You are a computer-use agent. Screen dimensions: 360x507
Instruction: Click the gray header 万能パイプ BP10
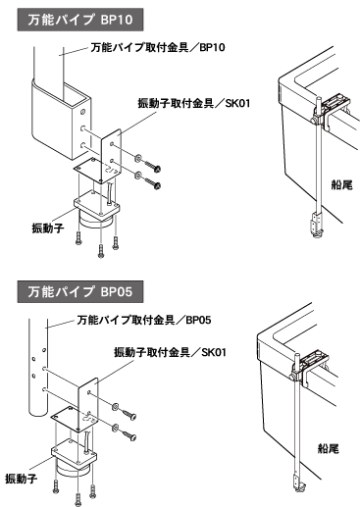click(80, 20)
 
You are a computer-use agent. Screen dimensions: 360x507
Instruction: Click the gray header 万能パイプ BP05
click(80, 291)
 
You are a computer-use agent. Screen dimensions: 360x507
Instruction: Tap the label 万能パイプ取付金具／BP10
click(158, 48)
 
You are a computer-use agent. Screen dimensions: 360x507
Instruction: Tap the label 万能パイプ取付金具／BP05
click(144, 320)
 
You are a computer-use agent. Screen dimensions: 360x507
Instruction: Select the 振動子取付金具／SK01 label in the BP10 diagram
click(194, 104)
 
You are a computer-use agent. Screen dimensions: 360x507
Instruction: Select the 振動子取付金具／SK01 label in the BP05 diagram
click(170, 352)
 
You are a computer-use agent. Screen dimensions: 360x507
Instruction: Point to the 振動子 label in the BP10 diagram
click(48, 228)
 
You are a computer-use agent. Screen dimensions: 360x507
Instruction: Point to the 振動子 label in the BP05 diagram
click(22, 479)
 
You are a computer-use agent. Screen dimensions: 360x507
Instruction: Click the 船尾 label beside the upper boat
click(342, 185)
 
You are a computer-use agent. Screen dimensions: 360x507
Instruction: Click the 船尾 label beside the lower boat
click(329, 448)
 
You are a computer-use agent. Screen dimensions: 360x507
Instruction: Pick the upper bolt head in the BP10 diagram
click(158, 169)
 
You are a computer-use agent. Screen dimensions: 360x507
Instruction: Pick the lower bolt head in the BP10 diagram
click(157, 186)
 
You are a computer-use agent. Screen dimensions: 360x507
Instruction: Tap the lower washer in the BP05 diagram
click(115, 427)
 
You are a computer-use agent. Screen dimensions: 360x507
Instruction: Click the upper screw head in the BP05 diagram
click(132, 417)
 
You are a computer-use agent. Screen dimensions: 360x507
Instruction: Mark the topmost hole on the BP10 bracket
click(82, 112)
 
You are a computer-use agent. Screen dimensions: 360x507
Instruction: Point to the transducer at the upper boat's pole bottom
click(315, 226)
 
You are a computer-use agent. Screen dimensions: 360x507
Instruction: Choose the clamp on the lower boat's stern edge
click(310, 368)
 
